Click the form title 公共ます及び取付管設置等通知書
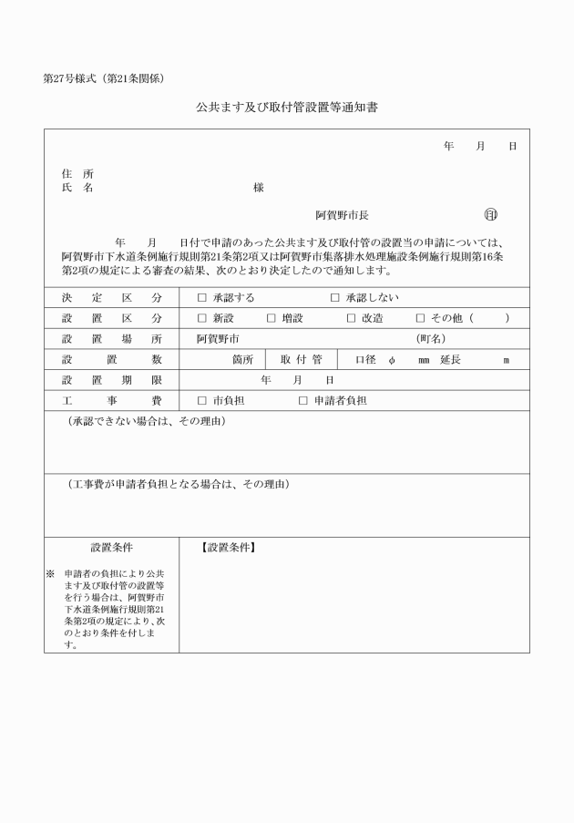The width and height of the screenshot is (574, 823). pyautogui.click(x=287, y=108)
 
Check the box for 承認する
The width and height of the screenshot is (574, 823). pyautogui.click(x=202, y=298)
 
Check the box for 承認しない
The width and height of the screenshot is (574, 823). pyautogui.click(x=335, y=298)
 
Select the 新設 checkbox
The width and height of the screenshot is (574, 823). pyautogui.click(x=202, y=319)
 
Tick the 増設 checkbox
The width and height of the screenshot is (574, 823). pyautogui.click(x=272, y=319)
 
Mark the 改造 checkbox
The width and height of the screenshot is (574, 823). pyautogui.click(x=352, y=319)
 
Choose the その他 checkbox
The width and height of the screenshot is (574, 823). pyautogui.click(x=421, y=319)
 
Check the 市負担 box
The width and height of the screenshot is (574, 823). pyautogui.click(x=202, y=400)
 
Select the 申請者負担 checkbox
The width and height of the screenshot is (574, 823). pyautogui.click(x=303, y=400)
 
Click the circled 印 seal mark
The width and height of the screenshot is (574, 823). pyautogui.click(x=491, y=215)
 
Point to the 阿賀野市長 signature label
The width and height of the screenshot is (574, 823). pyautogui.click(x=342, y=216)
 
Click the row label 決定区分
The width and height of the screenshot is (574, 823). pyautogui.click(x=112, y=298)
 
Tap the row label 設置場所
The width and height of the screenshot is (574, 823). pyautogui.click(x=112, y=339)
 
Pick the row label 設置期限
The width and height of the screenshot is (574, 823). pyautogui.click(x=112, y=380)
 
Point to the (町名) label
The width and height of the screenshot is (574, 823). pyautogui.click(x=430, y=339)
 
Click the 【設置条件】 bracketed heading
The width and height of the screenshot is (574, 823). pyautogui.click(x=228, y=548)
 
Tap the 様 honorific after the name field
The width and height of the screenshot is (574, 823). pyautogui.click(x=259, y=187)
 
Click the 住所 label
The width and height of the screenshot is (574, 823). pyautogui.click(x=77, y=173)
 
